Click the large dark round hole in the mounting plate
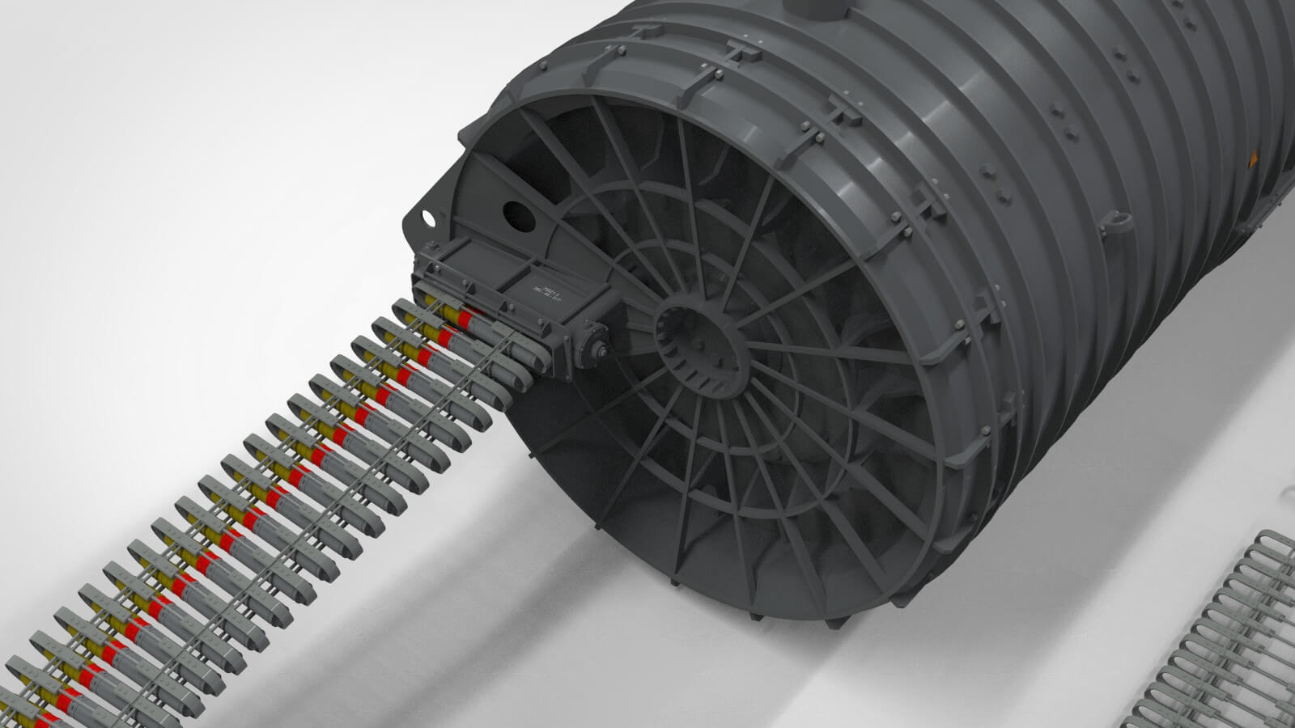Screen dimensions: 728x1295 pos(515,213)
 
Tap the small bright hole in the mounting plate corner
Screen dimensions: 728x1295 pos(425,217)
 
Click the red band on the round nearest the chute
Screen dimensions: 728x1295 pos(465,318)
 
